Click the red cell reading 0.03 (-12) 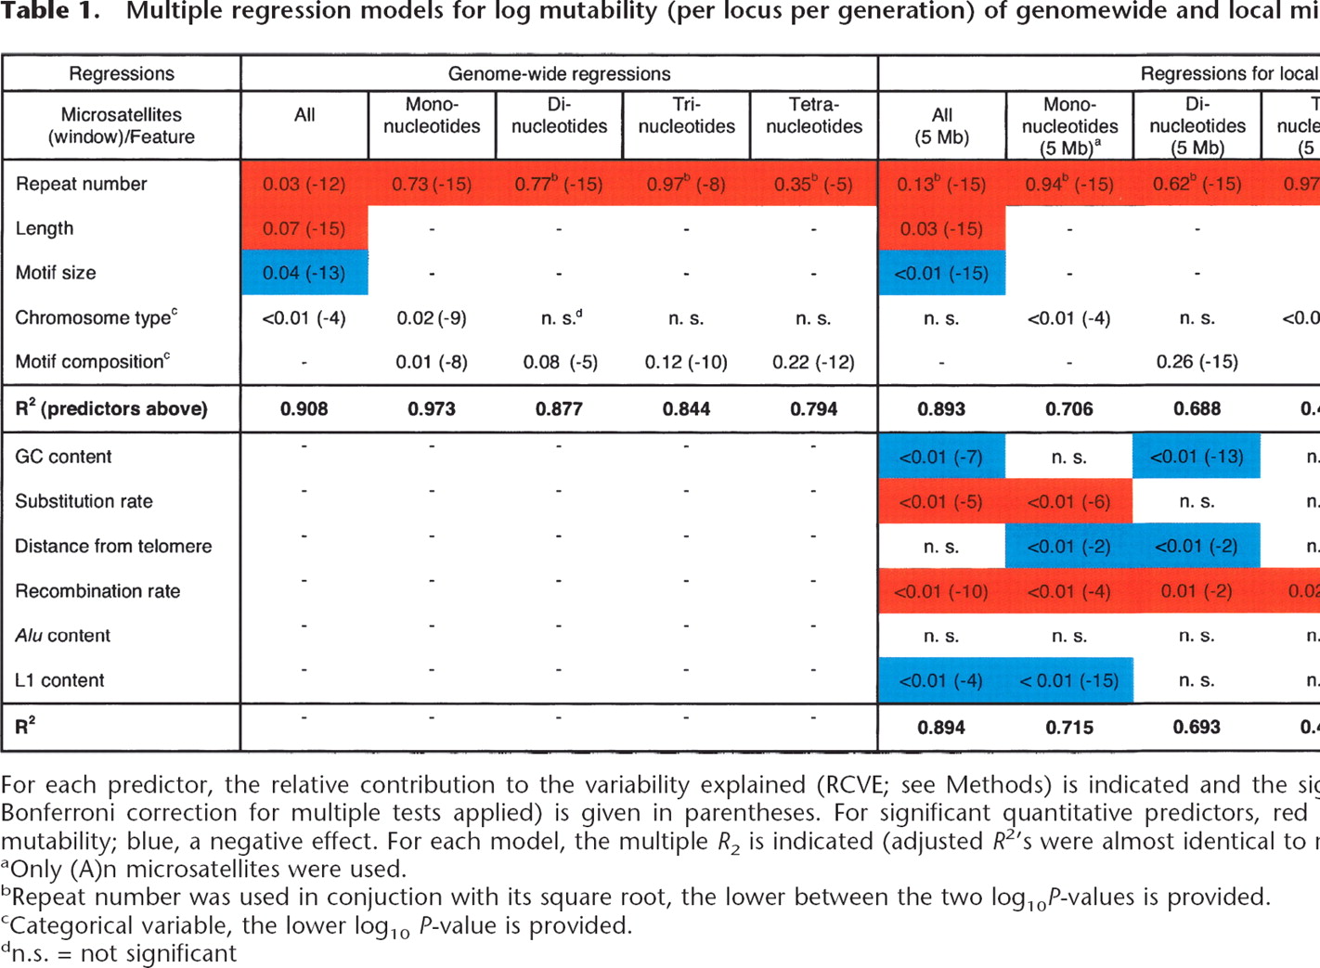[x=304, y=184]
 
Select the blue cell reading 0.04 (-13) [x=304, y=273]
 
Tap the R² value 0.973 [x=432, y=409]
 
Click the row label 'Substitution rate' [x=84, y=501]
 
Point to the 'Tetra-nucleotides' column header [x=814, y=116]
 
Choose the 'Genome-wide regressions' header [x=559, y=74]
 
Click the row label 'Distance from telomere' [x=113, y=546]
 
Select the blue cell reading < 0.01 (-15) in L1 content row [x=1068, y=680]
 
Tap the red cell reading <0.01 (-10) [x=941, y=591]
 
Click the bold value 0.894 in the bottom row [x=941, y=728]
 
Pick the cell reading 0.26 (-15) [x=1197, y=362]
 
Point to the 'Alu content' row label [x=62, y=636]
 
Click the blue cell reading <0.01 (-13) [x=1197, y=457]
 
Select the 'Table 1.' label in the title [x=50, y=12]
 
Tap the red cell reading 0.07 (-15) [x=304, y=228]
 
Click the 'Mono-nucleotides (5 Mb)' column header [x=1069, y=125]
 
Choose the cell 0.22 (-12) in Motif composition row [x=813, y=362]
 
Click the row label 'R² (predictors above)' [x=111, y=409]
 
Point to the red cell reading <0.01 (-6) [x=1068, y=501]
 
